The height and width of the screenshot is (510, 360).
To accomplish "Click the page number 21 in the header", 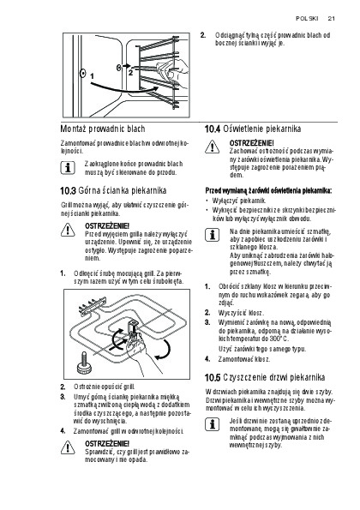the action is (x=331, y=19).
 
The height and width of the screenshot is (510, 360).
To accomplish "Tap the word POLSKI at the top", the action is (x=307, y=19).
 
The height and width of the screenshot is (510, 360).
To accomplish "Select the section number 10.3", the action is (x=68, y=190).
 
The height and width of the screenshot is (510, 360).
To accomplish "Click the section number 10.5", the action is (x=213, y=378).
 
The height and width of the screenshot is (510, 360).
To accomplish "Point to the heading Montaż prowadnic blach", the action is (x=103, y=129).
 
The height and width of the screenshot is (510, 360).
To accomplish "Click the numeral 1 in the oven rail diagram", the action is (x=92, y=76).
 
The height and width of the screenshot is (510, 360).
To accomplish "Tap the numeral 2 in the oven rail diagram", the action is (x=130, y=73).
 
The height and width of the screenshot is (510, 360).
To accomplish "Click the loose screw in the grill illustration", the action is (x=84, y=362).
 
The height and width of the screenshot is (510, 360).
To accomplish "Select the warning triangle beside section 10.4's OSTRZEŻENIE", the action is (x=212, y=147).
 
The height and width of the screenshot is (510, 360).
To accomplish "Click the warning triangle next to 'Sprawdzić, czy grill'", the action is (x=68, y=447).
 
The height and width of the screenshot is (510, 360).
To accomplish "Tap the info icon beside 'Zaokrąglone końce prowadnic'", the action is (x=68, y=168).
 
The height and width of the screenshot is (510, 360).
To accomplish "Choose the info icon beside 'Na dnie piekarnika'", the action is (x=212, y=235).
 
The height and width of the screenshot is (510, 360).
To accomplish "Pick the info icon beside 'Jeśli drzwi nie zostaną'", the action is (x=212, y=424).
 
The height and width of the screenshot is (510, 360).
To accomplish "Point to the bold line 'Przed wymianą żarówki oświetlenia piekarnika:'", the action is (x=268, y=190).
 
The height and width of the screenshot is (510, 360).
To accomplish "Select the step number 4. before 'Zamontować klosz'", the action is (x=207, y=359).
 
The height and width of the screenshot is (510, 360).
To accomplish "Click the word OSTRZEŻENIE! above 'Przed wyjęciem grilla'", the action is (x=107, y=225).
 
